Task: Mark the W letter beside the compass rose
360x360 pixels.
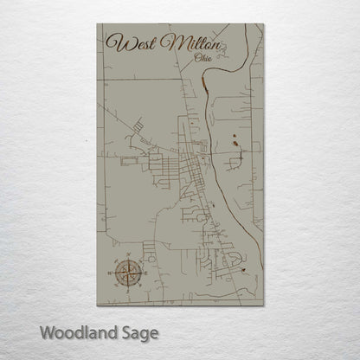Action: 109,272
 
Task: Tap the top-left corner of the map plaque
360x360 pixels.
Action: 97,23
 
